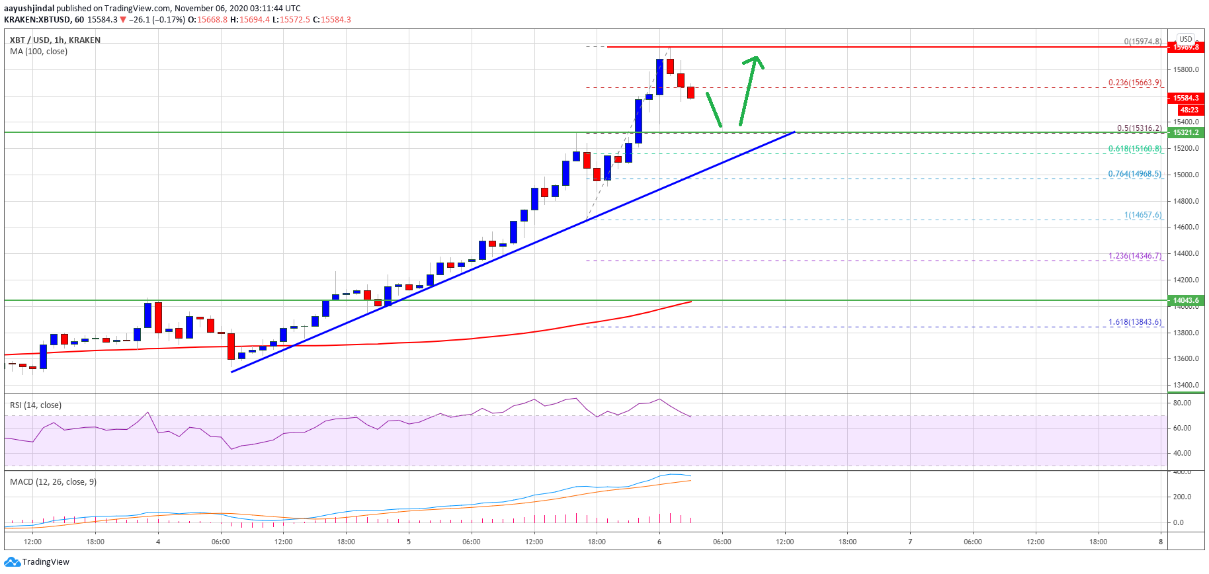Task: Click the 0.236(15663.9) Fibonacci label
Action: [1135, 83]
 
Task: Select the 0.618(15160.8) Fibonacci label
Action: [1135, 149]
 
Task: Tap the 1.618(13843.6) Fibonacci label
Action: [1135, 322]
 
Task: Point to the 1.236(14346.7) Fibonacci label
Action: [1135, 256]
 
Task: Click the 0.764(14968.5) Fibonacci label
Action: [1135, 174]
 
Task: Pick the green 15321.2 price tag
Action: [1186, 132]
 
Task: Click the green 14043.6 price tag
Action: [1186, 300]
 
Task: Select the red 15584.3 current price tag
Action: [1186, 98]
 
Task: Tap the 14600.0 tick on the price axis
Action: [1187, 227]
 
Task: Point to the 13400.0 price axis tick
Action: [1187, 385]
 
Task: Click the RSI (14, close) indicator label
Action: [36, 405]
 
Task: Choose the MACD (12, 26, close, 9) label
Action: [53, 481]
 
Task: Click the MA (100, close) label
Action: [38, 51]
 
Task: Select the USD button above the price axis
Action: [1186, 39]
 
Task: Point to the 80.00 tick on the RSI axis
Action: [1182, 403]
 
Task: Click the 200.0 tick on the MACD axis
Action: [1182, 497]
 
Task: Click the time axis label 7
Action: [910, 542]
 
